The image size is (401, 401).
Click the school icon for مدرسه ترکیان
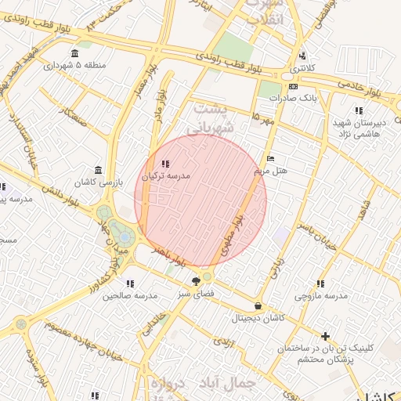(x=164, y=164)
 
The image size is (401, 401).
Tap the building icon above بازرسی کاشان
(x=97, y=170)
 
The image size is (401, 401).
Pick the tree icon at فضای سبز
(x=196, y=280)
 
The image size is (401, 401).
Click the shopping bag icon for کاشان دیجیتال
(x=258, y=305)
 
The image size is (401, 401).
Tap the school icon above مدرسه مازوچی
(x=320, y=284)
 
